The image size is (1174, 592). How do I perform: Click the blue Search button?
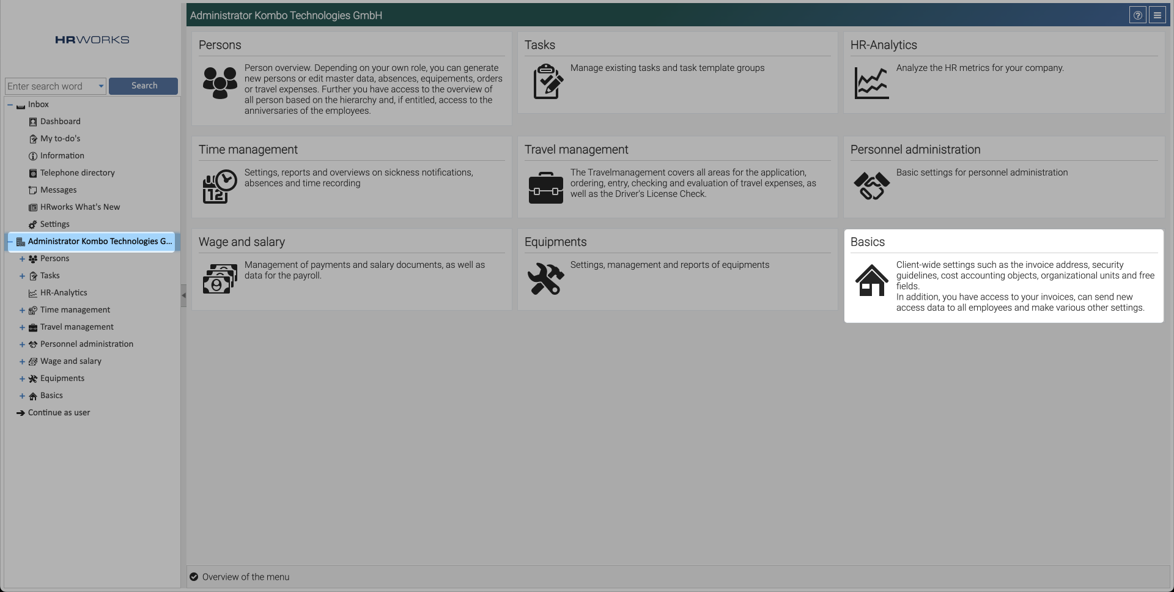tap(143, 86)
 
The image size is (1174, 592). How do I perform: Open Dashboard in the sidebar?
tap(60, 122)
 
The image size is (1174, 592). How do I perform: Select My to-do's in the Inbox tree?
tap(60, 139)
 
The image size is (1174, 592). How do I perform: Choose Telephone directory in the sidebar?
tap(77, 173)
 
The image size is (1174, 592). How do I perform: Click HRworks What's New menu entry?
tap(79, 207)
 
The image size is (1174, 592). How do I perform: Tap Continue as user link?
tap(59, 413)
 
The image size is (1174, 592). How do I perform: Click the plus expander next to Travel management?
tap(22, 328)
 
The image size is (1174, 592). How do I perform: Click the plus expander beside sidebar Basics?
tap(22, 396)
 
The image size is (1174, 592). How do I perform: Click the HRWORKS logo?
tap(92, 40)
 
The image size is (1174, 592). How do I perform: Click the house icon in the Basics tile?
tap(871, 280)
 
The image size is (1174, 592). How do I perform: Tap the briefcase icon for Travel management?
tap(545, 188)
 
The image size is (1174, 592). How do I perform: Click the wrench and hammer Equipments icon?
tap(545, 279)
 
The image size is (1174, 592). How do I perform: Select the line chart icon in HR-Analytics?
tap(871, 83)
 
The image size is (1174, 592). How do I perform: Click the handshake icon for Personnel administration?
tap(871, 186)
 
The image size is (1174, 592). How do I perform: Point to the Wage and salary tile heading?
tap(242, 242)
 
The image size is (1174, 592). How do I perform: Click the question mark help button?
tap(1137, 15)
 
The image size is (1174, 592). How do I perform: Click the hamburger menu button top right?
tap(1157, 15)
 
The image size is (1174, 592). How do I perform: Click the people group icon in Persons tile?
tap(220, 83)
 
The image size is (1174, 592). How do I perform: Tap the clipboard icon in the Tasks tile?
tap(547, 81)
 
